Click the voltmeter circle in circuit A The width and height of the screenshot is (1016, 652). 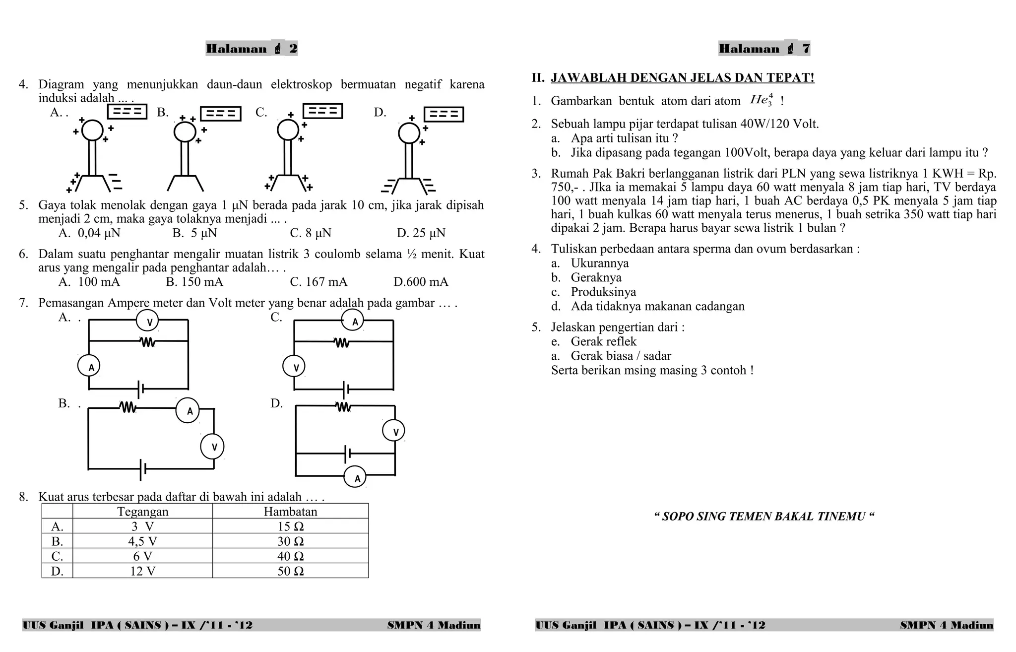click(147, 322)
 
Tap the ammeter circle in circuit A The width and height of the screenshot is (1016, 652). click(89, 367)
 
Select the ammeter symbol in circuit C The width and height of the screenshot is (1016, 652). click(353, 321)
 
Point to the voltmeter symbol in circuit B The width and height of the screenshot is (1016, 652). click(212, 447)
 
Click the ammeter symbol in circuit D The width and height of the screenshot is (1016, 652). click(356, 478)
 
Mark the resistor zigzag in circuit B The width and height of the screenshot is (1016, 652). click(127, 407)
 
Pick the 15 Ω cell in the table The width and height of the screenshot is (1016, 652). click(290, 526)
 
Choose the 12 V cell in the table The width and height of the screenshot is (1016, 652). click(143, 571)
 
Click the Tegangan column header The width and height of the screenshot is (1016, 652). click(143, 512)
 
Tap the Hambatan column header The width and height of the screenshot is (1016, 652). click(290, 512)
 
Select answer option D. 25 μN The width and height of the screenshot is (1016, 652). click(421, 233)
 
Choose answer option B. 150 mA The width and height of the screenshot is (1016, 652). click(194, 282)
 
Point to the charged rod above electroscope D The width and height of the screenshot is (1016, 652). click(444, 115)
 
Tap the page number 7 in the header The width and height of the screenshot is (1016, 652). click(806, 49)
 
